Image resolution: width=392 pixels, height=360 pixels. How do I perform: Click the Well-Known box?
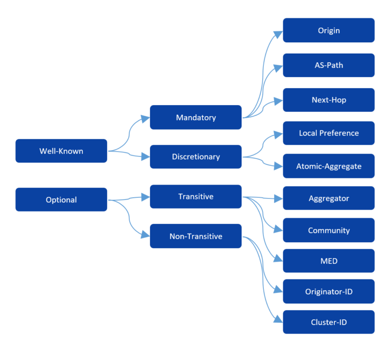[x=61, y=151]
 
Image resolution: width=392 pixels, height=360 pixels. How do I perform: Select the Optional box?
[x=61, y=200]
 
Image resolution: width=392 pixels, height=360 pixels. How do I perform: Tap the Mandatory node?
[x=195, y=117]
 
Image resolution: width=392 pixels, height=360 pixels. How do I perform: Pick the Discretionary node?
[x=195, y=157]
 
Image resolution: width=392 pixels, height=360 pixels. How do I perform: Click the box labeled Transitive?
[x=195, y=196]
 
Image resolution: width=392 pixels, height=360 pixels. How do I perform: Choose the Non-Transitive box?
[x=195, y=236]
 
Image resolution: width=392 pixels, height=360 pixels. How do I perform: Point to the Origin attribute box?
[x=329, y=31]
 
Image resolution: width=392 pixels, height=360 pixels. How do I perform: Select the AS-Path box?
[x=329, y=65]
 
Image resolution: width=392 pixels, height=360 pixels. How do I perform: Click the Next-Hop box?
[x=329, y=100]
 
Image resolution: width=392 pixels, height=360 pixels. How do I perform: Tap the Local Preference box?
[x=329, y=133]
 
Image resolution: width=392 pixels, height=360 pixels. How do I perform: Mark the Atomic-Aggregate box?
[x=329, y=166]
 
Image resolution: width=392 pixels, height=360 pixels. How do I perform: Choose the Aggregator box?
[x=329, y=198]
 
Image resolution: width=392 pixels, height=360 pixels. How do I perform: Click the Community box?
[x=329, y=230]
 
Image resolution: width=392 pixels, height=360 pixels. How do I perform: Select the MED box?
[x=329, y=261]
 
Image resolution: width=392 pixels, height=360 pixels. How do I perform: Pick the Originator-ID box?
[x=329, y=292]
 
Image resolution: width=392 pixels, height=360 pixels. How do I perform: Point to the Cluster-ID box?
[x=329, y=322]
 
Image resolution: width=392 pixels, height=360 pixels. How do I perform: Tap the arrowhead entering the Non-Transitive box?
[x=145, y=236]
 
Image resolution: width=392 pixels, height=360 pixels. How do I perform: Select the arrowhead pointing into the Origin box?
[x=278, y=34]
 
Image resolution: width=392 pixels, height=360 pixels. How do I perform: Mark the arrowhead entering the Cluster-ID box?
[x=278, y=320]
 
